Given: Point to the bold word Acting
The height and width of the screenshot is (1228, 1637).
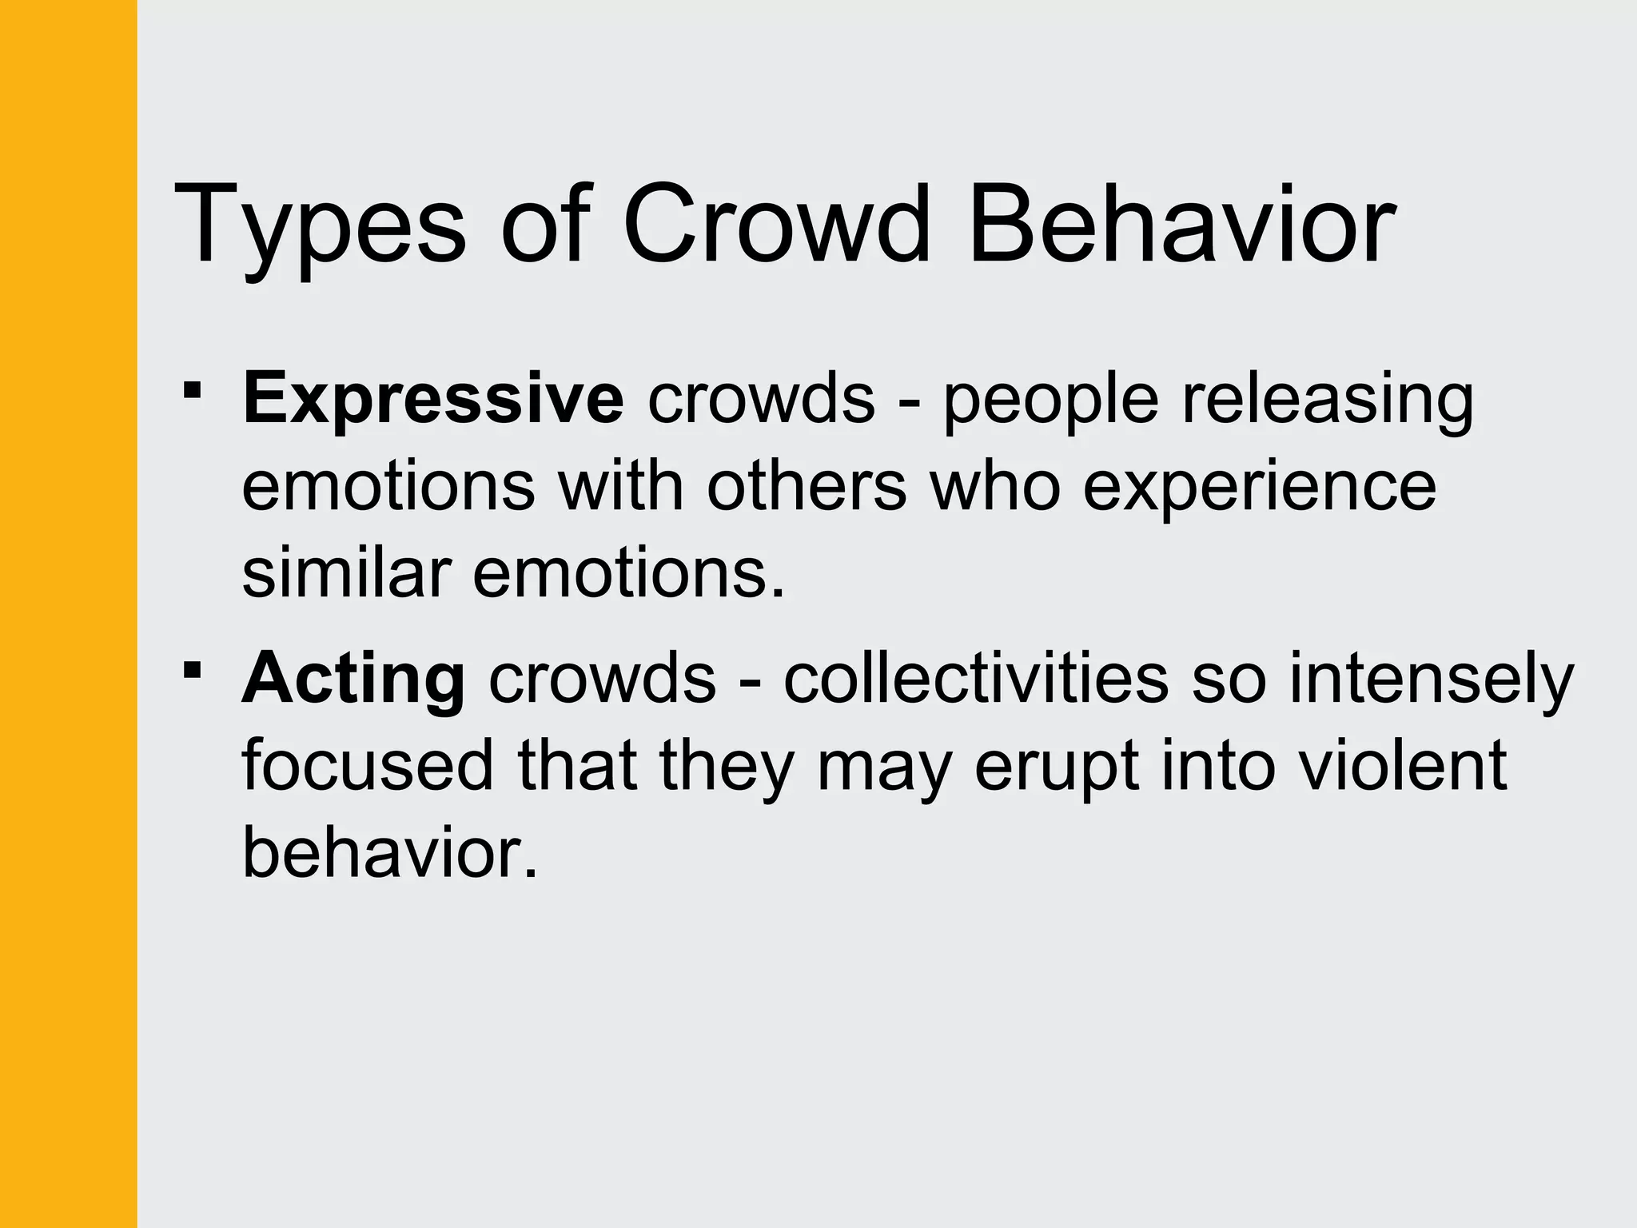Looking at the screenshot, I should [x=353, y=680].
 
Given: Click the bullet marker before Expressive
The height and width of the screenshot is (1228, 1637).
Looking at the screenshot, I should [x=192, y=391].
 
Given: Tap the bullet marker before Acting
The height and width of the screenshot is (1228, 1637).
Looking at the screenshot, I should [x=192, y=670].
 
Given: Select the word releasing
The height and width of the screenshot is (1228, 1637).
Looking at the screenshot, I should [x=1328, y=400].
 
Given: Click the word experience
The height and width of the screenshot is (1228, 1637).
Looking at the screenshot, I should [x=1259, y=488].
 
